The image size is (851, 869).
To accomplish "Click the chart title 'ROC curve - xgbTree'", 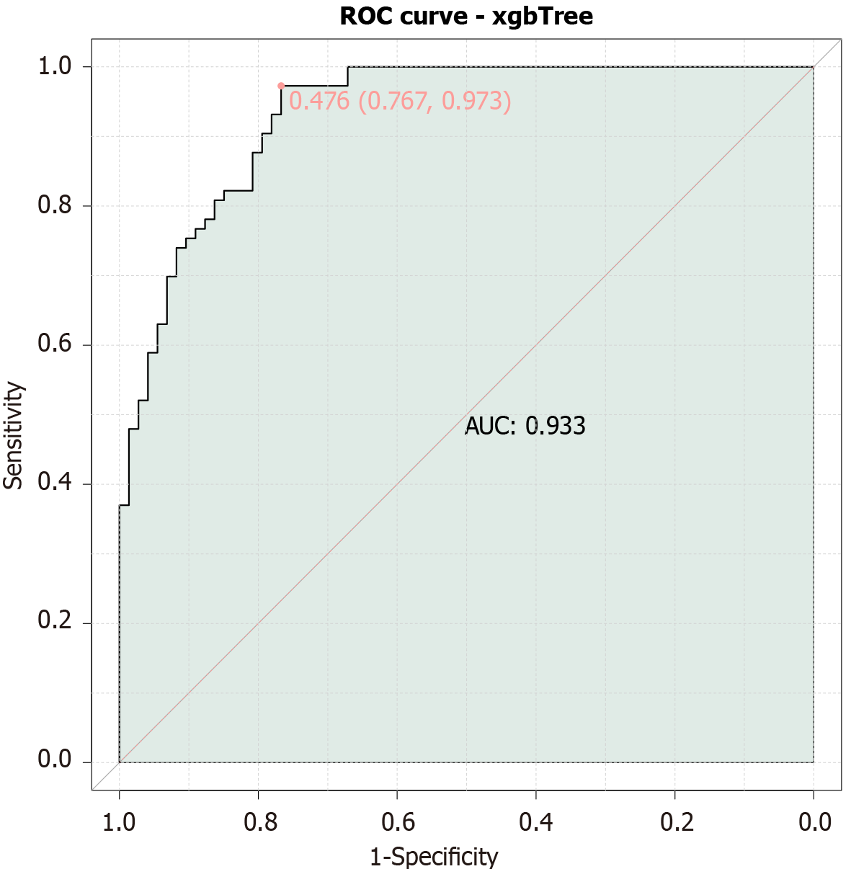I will coord(466,16).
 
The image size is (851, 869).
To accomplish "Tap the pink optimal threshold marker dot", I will coord(281,86).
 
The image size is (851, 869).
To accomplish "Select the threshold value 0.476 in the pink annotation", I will coord(318,101).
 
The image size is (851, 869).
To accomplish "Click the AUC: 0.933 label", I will coord(525,426).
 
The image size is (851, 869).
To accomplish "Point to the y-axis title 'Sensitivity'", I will coord(14,435).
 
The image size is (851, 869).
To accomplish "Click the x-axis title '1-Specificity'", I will coord(434,857).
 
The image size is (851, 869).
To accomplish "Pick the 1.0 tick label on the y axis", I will coord(55,67).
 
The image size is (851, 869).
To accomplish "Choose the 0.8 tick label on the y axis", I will coord(55,206).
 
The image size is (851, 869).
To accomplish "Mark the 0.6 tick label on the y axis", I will coord(55,345).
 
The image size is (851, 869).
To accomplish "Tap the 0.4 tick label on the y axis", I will coord(55,484).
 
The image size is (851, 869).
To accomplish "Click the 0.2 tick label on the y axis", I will coord(55,623).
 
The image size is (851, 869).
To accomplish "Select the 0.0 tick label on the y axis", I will coord(55,762).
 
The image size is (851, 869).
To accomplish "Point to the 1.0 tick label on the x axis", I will coord(119,821).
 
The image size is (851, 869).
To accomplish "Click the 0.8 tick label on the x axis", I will coord(258,821).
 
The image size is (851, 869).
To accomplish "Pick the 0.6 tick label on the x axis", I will coord(397,821).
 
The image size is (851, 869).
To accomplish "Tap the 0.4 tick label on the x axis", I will coord(536,821).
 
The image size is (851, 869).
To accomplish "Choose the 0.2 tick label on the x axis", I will coord(675,821).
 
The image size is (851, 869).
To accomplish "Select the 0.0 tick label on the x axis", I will coord(814,821).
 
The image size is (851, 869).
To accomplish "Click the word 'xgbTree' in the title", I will coord(543,16).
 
